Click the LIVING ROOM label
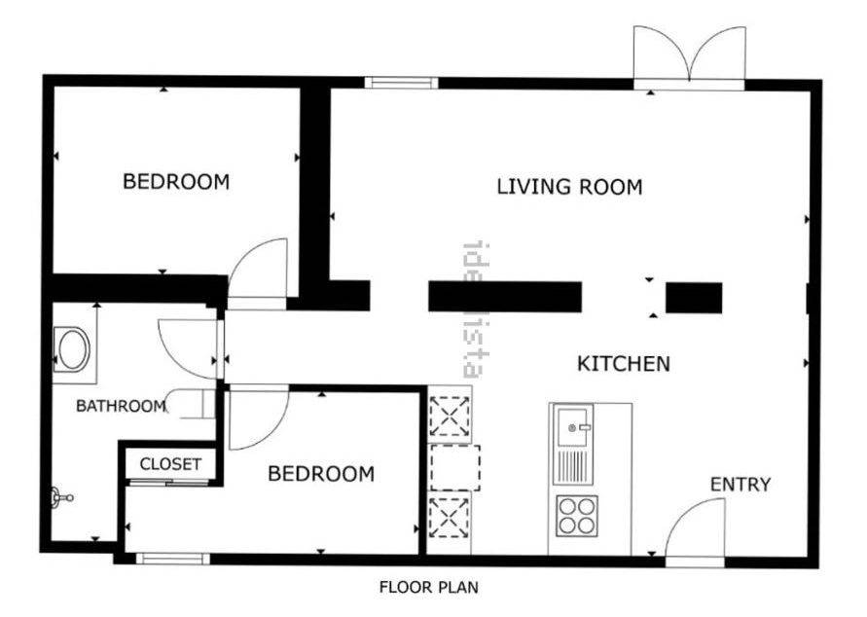tap(569, 187)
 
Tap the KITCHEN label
tap(624, 364)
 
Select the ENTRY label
tap(740, 485)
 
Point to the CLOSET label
tap(170, 464)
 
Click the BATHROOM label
tap(121, 406)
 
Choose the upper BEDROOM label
tap(176, 181)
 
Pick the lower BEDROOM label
tap(321, 474)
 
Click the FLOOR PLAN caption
tap(428, 587)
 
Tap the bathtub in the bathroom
tap(72, 350)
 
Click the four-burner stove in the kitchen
tap(577, 516)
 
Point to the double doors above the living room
tap(689, 55)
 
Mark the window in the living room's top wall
tap(401, 83)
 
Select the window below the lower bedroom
tap(173, 559)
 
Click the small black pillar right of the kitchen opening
tap(694, 298)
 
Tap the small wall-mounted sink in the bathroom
tap(61, 497)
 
